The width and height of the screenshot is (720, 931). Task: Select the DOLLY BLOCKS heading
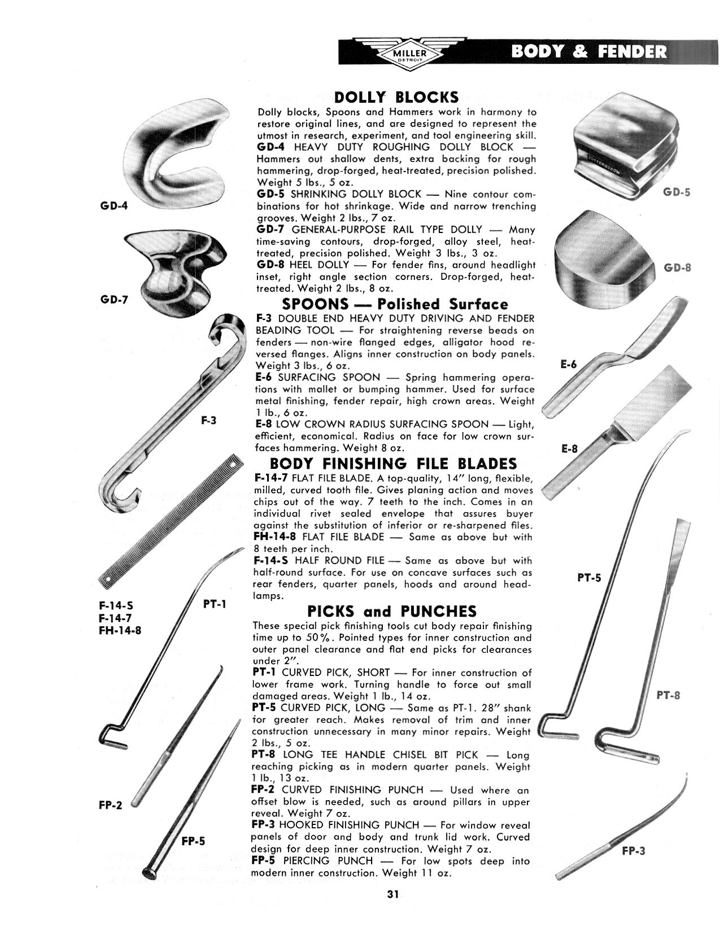[396, 96]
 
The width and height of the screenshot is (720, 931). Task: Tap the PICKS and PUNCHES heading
[391, 611]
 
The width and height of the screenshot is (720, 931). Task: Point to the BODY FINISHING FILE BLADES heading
[393, 464]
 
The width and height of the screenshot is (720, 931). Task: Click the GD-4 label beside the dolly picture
[114, 205]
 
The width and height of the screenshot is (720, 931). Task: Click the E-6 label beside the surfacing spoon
[569, 365]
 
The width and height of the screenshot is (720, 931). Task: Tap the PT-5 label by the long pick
[589, 578]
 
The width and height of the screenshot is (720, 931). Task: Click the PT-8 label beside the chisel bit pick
[668, 695]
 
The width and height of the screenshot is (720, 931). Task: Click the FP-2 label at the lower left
[110, 806]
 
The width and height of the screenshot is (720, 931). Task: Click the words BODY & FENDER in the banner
[589, 52]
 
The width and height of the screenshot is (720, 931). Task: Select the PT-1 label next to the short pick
[214, 604]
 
